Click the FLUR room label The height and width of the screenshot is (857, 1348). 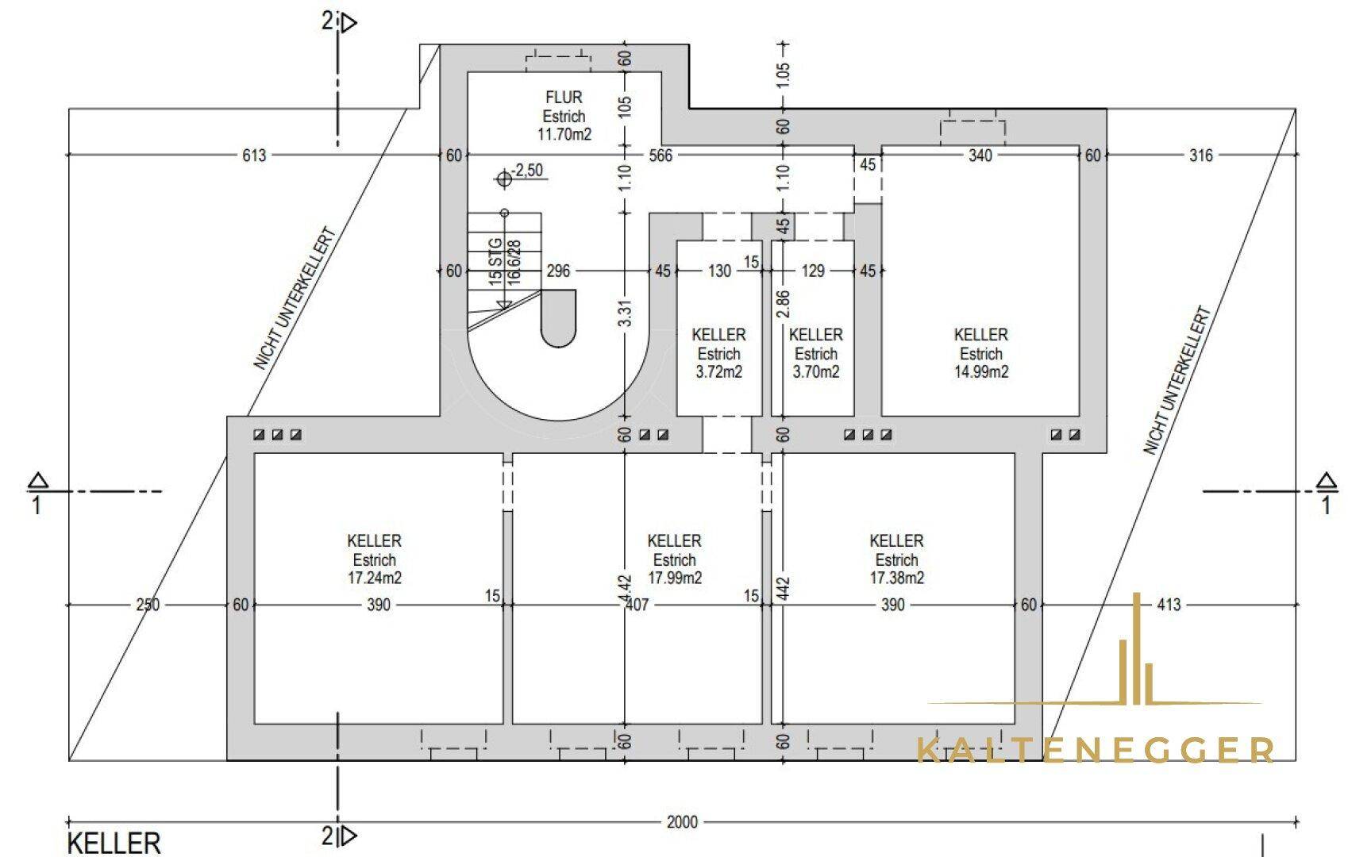coord(564,98)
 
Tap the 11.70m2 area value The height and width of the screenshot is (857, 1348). coord(564,134)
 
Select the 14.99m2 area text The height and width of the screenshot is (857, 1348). coord(981,371)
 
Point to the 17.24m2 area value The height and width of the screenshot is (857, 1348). coord(374,578)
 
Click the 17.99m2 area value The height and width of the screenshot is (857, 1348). coord(675,578)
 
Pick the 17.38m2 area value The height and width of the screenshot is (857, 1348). coord(896,578)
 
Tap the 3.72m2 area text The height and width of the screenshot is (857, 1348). coord(719,371)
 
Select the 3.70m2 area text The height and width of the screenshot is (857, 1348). coord(816,371)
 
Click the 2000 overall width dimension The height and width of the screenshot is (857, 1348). coord(682,822)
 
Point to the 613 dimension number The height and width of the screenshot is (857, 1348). coord(254,156)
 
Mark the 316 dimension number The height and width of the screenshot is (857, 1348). coord(1200,156)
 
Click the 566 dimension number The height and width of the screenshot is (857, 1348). coord(661,156)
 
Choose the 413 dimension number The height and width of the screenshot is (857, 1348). coord(1169,605)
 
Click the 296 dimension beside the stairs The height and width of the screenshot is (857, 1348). coord(558,271)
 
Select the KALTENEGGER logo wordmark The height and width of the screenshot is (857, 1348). coord(1096,750)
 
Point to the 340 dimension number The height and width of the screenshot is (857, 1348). coord(980,156)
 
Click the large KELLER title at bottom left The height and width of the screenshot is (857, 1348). coord(114,844)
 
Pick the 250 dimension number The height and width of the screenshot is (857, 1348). coord(148,605)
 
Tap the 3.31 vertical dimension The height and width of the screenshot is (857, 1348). coord(626,313)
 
